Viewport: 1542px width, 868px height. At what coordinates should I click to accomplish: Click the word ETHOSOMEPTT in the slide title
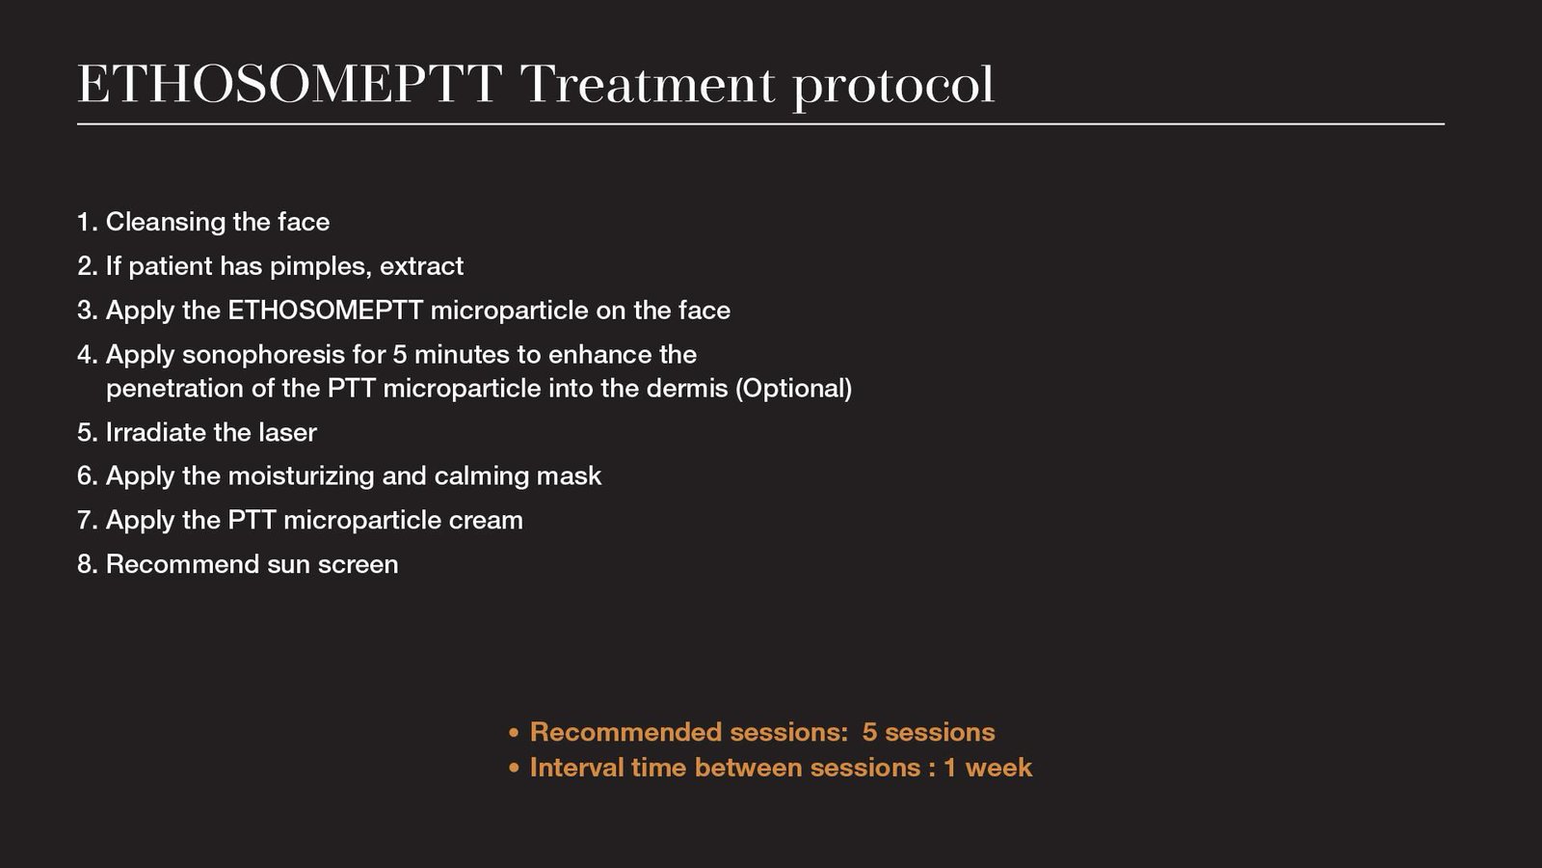(x=289, y=84)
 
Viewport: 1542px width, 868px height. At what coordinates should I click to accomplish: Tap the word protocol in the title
(x=893, y=88)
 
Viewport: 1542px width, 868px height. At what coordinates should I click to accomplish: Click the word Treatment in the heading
(x=647, y=84)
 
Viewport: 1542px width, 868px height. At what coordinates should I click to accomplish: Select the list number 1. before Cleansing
(x=88, y=223)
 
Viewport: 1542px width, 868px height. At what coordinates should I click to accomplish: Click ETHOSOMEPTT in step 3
(x=325, y=311)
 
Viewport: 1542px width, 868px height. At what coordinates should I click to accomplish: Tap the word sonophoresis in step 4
(x=263, y=356)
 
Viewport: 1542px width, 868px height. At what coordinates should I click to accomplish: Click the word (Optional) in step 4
(x=794, y=390)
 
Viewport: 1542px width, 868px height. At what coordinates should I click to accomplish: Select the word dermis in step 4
(x=687, y=389)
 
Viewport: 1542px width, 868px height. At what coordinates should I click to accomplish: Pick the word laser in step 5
(x=287, y=433)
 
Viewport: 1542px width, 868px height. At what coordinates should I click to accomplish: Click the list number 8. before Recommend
(x=88, y=565)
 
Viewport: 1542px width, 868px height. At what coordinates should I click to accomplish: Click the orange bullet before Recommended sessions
(x=514, y=733)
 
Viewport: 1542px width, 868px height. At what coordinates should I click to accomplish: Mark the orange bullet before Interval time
(x=514, y=768)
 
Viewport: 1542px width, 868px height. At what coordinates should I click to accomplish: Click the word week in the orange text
(x=998, y=768)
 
